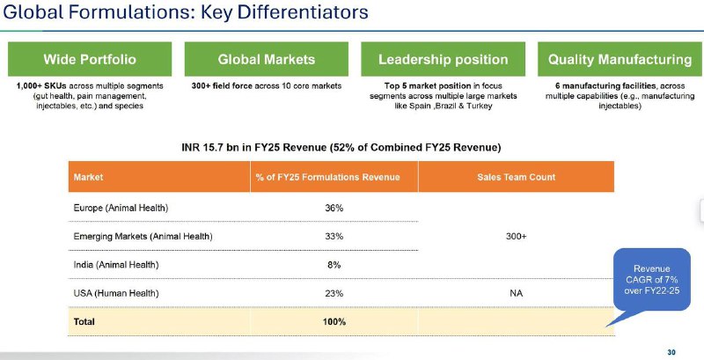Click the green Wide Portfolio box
[x=90, y=59]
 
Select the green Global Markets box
[x=267, y=59]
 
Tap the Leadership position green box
[x=444, y=59]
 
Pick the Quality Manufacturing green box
[x=620, y=59]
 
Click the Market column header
[x=89, y=177]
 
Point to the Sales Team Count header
[x=517, y=177]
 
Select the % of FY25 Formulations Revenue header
[x=327, y=177]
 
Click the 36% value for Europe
[x=334, y=209]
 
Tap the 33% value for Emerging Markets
[x=334, y=236]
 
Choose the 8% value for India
[x=334, y=265]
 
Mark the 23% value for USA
[x=334, y=294]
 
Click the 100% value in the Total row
[x=334, y=322]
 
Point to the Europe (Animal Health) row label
[x=121, y=209]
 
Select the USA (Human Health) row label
[x=116, y=294]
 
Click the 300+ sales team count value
[x=516, y=236]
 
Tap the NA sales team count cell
[x=516, y=294]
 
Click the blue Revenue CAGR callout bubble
[x=652, y=279]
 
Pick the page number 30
[x=671, y=352]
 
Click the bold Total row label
[x=84, y=322]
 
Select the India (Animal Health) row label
[x=116, y=265]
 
